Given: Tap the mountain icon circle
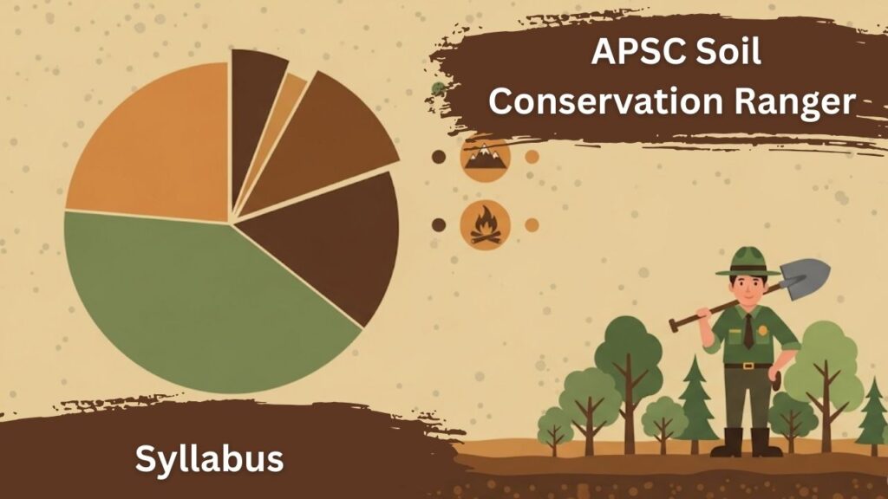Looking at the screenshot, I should pyautogui.click(x=485, y=157).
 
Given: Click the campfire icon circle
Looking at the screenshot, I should pyautogui.click(x=485, y=224).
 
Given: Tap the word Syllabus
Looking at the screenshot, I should pyautogui.click(x=209, y=458).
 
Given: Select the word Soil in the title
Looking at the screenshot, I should pyautogui.click(x=729, y=55).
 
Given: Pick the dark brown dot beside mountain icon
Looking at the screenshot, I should pyautogui.click(x=439, y=157).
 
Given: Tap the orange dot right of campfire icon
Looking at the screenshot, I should pyautogui.click(x=532, y=224).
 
